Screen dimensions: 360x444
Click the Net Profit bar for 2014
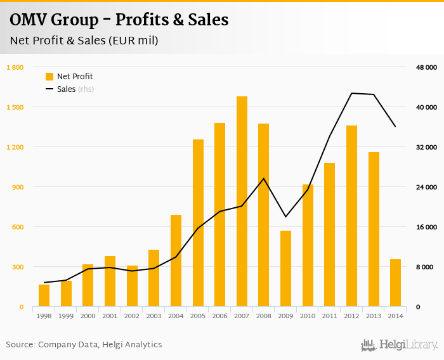[395, 283]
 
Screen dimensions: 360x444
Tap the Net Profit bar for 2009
[285, 269]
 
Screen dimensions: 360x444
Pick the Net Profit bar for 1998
[44, 295]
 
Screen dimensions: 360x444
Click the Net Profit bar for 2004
[176, 260]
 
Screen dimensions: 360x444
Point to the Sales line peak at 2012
[351, 93]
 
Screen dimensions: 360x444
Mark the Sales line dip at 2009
[285, 217]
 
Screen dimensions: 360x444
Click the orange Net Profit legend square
[49, 77]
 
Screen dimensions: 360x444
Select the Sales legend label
[66, 89]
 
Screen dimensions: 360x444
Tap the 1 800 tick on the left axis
[15, 67]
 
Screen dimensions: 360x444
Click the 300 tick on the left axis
[17, 267]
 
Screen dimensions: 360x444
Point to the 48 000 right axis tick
[426, 67]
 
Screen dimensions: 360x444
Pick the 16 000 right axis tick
[426, 227]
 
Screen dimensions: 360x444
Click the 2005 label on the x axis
[198, 316]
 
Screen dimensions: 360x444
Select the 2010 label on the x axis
[308, 316]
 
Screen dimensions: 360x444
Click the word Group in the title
[73, 20]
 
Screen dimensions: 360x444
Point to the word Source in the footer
[20, 345]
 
